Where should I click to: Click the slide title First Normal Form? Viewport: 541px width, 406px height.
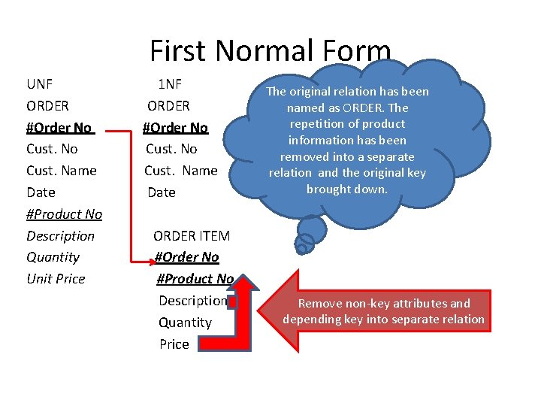coord(270,51)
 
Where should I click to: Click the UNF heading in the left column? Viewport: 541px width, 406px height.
coord(39,83)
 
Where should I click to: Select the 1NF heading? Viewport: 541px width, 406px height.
coord(169,83)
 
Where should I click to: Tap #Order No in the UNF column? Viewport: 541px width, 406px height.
coord(59,127)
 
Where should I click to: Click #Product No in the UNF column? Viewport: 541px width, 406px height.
coord(64,214)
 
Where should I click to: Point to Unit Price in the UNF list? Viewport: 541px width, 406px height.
coord(56,279)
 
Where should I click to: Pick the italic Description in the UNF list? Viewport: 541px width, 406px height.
coord(60,236)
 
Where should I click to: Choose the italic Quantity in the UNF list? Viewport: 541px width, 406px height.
coord(53,257)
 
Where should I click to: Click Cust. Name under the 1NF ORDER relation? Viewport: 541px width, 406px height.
coord(180,171)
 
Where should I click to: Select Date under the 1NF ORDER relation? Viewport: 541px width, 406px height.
coord(161,192)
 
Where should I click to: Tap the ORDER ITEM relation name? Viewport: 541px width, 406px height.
coord(192,236)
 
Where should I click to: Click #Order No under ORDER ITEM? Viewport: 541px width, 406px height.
coord(186,257)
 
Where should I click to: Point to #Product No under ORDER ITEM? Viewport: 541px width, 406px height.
coord(195,279)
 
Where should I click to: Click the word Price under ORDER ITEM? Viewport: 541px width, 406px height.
coord(174,344)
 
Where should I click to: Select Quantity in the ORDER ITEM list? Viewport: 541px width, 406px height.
coord(185,323)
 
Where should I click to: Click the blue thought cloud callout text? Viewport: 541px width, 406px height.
coord(347,140)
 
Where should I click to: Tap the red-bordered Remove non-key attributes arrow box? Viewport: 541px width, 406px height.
coord(383,311)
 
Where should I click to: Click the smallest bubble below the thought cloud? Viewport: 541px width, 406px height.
coord(303,244)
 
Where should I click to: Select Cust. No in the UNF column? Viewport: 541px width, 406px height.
coord(52,149)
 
